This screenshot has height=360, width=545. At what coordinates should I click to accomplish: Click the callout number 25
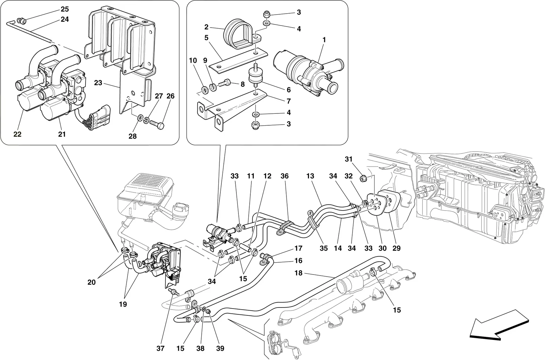[65, 9]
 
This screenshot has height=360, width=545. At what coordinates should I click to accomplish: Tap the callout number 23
[98, 83]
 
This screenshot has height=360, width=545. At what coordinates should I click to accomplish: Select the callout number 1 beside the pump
[324, 40]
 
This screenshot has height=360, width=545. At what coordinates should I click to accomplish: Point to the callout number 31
[349, 159]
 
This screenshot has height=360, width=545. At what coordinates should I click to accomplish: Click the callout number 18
[298, 273]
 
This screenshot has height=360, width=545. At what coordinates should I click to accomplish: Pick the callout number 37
[160, 348]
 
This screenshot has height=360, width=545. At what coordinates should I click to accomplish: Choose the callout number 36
[284, 176]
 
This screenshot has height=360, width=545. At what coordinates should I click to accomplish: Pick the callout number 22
[17, 134]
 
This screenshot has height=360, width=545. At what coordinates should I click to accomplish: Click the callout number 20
[92, 282]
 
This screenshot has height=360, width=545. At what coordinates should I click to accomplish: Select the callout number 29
[396, 248]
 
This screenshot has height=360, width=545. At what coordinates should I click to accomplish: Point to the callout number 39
[220, 348]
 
